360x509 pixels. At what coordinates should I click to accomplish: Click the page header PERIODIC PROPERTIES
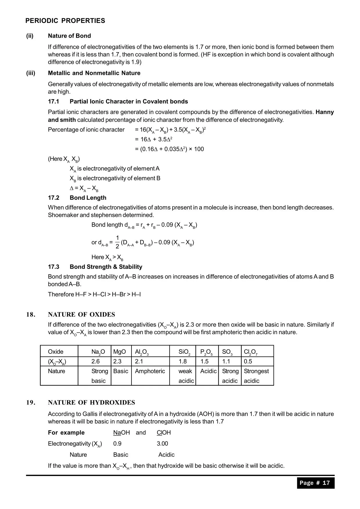pyautogui.click(x=65, y=21)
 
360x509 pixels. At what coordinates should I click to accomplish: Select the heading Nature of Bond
pyautogui.click(x=69, y=36)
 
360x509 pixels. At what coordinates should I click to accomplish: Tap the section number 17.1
pyautogui.click(x=53, y=102)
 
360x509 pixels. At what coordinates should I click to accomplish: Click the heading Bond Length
pyautogui.click(x=88, y=198)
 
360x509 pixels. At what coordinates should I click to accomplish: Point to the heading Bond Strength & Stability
pyautogui.click(x=106, y=267)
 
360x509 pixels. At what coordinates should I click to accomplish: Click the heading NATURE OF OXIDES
pyautogui.click(x=81, y=315)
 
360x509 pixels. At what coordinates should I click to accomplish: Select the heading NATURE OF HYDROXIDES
pyautogui.click(x=91, y=402)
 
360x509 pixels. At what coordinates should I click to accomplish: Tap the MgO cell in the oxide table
pyautogui.click(x=120, y=352)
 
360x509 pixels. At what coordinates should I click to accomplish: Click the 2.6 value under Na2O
pyautogui.click(x=96, y=362)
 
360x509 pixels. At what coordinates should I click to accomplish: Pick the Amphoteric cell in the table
pyautogui.click(x=150, y=371)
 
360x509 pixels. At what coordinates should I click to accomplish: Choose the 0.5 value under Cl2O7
pyautogui.click(x=248, y=362)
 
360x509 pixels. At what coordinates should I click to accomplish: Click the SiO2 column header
pyautogui.click(x=184, y=352)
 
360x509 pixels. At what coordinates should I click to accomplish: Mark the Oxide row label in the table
pyautogui.click(x=55, y=352)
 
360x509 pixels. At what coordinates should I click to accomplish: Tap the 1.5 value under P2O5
pyautogui.click(x=204, y=362)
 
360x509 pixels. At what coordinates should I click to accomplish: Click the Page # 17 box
pyautogui.click(x=315, y=483)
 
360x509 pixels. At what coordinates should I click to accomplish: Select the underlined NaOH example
pyautogui.click(x=121, y=433)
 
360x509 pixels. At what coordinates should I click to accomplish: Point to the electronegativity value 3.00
pyautogui.click(x=162, y=444)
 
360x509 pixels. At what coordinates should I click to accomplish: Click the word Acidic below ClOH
pyautogui.click(x=166, y=455)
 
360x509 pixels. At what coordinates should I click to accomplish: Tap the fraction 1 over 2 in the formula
pyautogui.click(x=117, y=242)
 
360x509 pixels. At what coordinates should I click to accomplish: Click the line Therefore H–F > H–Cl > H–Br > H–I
pyautogui.click(x=94, y=295)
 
